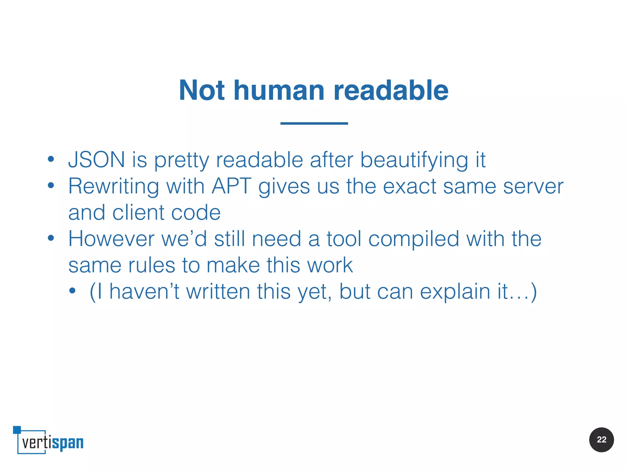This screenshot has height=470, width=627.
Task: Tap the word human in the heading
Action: point(279,91)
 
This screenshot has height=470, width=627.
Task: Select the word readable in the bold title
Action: point(391,91)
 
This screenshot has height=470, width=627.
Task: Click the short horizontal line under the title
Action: point(314,123)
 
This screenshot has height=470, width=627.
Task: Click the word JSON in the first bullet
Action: point(96,160)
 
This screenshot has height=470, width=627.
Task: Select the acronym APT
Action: point(231,186)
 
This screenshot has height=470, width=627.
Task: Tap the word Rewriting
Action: point(113,187)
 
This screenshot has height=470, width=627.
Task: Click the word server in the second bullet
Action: point(533,187)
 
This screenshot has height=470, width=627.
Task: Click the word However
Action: point(111,239)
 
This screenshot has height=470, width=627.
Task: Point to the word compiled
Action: point(414,239)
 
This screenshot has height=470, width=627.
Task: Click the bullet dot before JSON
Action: point(51,159)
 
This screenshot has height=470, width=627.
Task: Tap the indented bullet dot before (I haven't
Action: point(72,291)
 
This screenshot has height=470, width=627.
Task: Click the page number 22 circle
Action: point(601,440)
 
